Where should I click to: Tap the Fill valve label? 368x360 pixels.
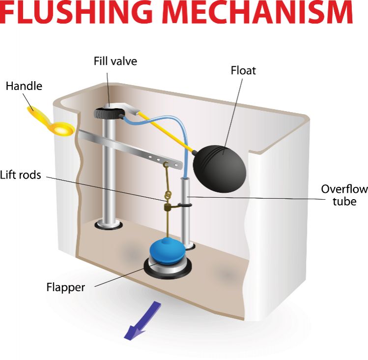tap(115, 62)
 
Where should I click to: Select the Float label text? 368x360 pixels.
tap(243, 71)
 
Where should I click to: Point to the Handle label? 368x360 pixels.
tap(24, 86)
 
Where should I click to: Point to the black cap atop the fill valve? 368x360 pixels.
tap(106, 113)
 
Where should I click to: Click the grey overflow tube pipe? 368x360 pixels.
tap(186, 211)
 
